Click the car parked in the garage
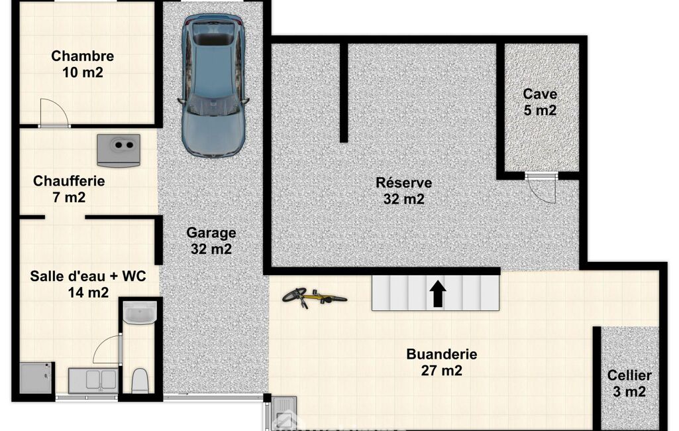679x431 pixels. [x=213, y=86]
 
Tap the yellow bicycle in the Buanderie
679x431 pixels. [x=314, y=297]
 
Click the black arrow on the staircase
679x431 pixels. [x=438, y=294]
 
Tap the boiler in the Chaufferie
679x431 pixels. [x=119, y=150]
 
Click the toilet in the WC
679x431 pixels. [x=140, y=380]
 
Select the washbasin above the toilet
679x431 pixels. [x=139, y=312]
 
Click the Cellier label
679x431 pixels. [x=629, y=375]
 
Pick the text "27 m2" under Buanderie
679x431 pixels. [x=442, y=371]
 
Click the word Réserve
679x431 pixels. [x=403, y=182]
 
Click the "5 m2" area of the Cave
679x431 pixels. [x=540, y=110]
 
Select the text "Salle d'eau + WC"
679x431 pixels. [x=88, y=277]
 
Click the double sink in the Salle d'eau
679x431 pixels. [x=93, y=380]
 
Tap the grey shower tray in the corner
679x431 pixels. [x=36, y=378]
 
